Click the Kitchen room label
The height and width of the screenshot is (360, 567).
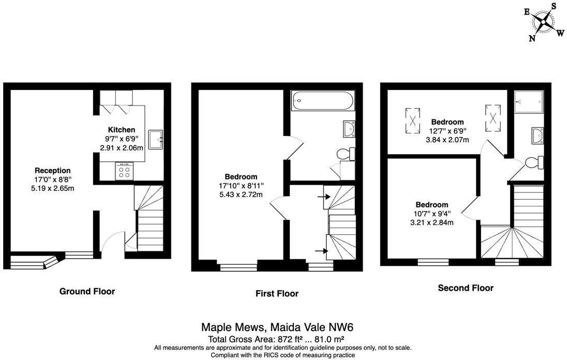(x=122, y=130)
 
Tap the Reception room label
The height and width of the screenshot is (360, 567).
(x=53, y=170)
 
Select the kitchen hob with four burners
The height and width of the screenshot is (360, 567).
(x=124, y=171)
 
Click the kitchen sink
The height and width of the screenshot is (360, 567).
(x=156, y=140)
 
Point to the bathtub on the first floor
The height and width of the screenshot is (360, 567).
(x=323, y=101)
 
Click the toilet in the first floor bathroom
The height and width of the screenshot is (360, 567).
(x=346, y=154)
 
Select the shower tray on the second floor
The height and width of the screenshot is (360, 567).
(x=529, y=101)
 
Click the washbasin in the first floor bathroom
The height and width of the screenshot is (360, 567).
(x=349, y=129)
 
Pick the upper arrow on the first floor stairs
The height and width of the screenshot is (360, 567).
(x=324, y=197)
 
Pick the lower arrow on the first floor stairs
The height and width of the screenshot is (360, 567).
(x=322, y=251)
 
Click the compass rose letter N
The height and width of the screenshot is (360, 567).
(x=532, y=38)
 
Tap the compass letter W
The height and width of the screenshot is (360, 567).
(x=560, y=33)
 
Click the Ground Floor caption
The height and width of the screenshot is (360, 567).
(x=87, y=291)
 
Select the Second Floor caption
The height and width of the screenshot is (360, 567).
(x=466, y=288)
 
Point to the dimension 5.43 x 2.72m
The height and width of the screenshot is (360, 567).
(x=241, y=194)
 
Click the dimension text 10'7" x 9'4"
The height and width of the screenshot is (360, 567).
(x=432, y=213)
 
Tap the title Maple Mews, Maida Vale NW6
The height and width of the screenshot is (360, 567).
(x=277, y=327)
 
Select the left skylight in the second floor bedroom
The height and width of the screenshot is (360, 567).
(x=412, y=117)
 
